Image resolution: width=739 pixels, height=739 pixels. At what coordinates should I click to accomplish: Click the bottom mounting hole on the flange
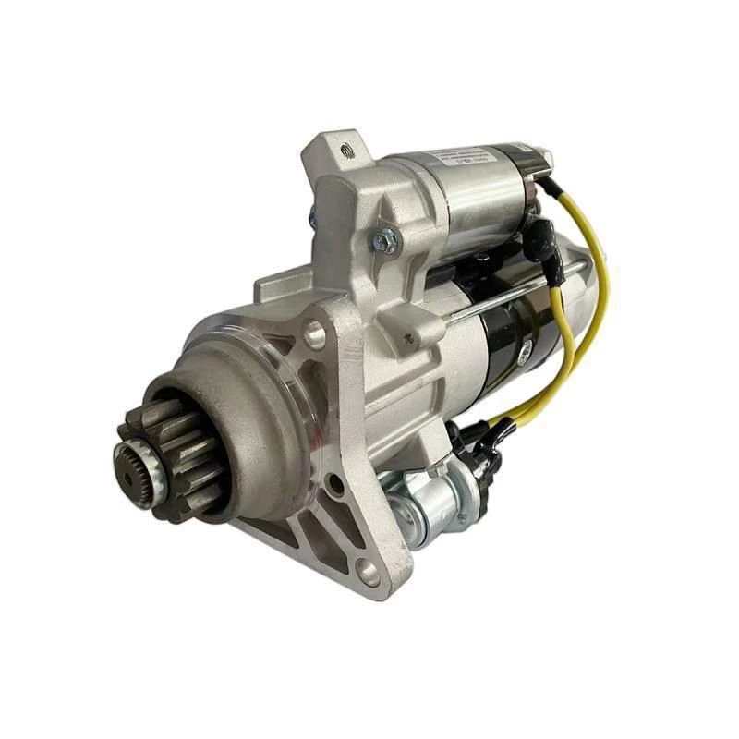[x=369, y=572]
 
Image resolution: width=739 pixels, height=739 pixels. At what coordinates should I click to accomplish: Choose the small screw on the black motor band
[x=525, y=351]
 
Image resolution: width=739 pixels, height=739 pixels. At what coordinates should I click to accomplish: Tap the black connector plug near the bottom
[x=476, y=443]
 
